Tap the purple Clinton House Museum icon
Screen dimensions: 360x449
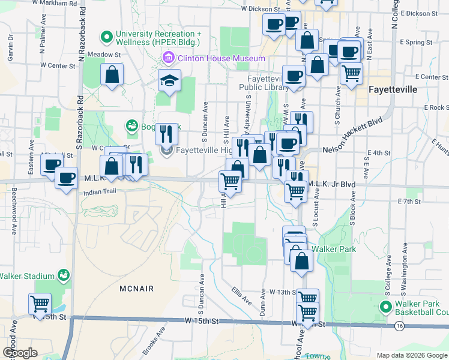coord(168,58)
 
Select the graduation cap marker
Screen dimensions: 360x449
coord(170,80)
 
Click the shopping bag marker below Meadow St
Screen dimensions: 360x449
coord(112,75)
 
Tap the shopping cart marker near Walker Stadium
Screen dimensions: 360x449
coord(40,304)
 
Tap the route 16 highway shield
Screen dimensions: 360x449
coord(399,326)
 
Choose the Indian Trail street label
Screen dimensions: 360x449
coord(99,193)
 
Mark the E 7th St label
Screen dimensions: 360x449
coord(411,202)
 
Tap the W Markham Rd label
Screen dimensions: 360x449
coord(55,4)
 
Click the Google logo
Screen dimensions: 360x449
coord(20,353)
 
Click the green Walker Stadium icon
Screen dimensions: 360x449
coord(64,276)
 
